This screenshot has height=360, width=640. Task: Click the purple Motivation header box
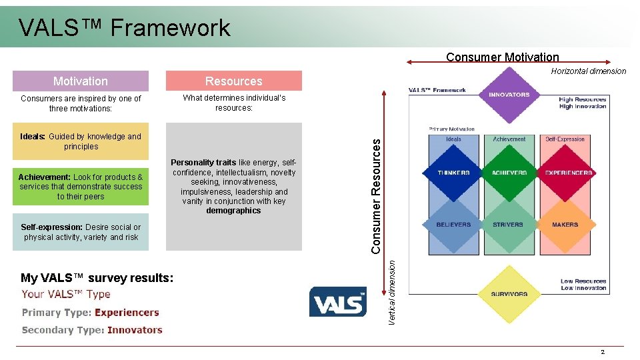pos(81,81)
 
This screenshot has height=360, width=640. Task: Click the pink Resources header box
pos(233,81)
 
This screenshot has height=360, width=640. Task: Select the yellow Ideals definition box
pos(81,141)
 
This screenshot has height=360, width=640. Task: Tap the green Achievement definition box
pos(81,187)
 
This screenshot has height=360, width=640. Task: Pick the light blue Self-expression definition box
pos(81,232)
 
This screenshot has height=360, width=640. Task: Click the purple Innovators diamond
pos(509,95)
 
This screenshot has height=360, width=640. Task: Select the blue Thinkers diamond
pos(453,173)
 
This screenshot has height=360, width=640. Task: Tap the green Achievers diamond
pos(509,173)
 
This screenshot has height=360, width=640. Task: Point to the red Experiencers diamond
pos(568,173)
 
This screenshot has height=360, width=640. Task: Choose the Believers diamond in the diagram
pos(453,225)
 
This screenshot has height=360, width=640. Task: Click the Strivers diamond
pos(509,225)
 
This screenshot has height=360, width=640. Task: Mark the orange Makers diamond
pos(565,225)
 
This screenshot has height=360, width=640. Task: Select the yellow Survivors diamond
pos(509,294)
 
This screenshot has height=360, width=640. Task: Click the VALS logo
pos(338,302)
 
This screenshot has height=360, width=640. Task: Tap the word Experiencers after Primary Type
pos(127,312)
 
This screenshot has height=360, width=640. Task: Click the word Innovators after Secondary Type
pos(135,330)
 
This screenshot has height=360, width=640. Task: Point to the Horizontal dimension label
pos(589,71)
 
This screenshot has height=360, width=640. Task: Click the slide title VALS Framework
pos(125,27)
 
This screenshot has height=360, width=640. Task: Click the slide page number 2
pos(603,352)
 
